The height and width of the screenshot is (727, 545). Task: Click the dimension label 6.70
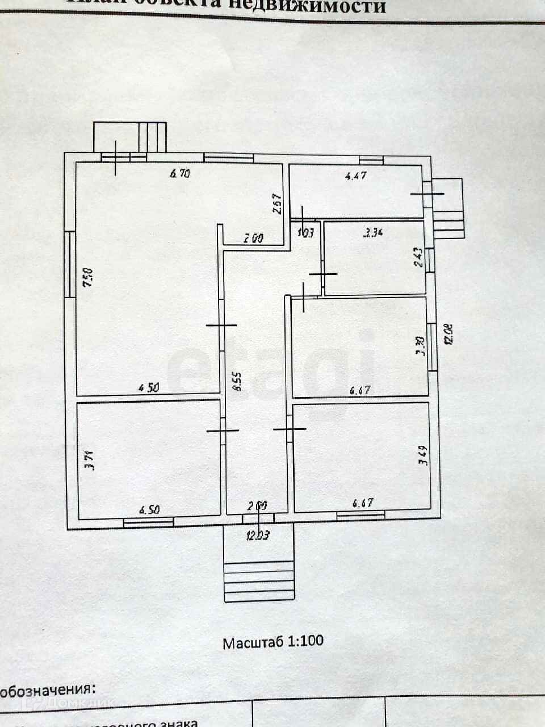pos(179,174)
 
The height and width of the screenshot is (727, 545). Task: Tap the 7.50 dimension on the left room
pos(87,279)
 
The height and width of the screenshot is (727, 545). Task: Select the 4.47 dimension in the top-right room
pos(356,176)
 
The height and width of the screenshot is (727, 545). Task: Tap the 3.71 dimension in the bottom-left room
pos(89,459)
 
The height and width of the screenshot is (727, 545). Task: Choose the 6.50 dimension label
pos(149,509)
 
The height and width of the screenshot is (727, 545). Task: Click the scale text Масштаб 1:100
pos(272,642)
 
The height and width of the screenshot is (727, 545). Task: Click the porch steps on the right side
pos(448,208)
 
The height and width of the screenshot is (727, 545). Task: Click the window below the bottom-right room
pos(361,515)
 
